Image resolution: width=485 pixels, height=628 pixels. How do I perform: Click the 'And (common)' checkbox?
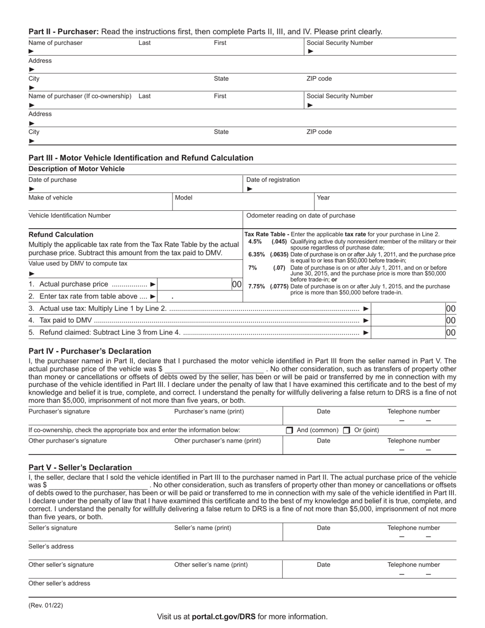tap(289, 430)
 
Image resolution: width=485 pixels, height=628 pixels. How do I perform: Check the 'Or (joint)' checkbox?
tap(347, 430)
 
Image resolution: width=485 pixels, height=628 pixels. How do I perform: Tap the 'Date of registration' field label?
tap(273, 180)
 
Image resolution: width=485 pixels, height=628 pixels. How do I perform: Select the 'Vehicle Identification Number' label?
tap(69, 215)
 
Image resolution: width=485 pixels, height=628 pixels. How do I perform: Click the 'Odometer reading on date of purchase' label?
tap(301, 215)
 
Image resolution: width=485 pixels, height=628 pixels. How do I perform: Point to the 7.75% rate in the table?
tap(256, 286)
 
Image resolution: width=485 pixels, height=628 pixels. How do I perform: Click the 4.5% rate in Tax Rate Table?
tap(255, 241)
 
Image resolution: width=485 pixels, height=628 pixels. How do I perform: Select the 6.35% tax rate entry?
tap(256, 254)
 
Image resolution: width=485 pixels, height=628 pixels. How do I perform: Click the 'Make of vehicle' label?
tap(51, 198)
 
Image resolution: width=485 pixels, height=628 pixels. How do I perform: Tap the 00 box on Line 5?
tap(450, 333)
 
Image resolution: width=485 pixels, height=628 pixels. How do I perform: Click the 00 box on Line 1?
tap(236, 284)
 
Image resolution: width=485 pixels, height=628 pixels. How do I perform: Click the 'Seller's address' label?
tap(51, 546)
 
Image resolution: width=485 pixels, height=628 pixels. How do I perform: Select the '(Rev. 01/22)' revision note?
tap(46, 606)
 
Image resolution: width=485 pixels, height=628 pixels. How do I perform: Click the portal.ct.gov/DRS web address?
tap(224, 617)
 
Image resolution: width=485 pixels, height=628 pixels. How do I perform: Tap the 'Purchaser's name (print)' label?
tap(209, 412)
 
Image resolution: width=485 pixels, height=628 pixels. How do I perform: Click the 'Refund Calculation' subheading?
tap(61, 234)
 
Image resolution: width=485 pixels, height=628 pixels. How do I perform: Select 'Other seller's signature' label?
tap(61, 565)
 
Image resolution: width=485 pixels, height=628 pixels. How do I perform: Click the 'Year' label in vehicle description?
tap(323, 198)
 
